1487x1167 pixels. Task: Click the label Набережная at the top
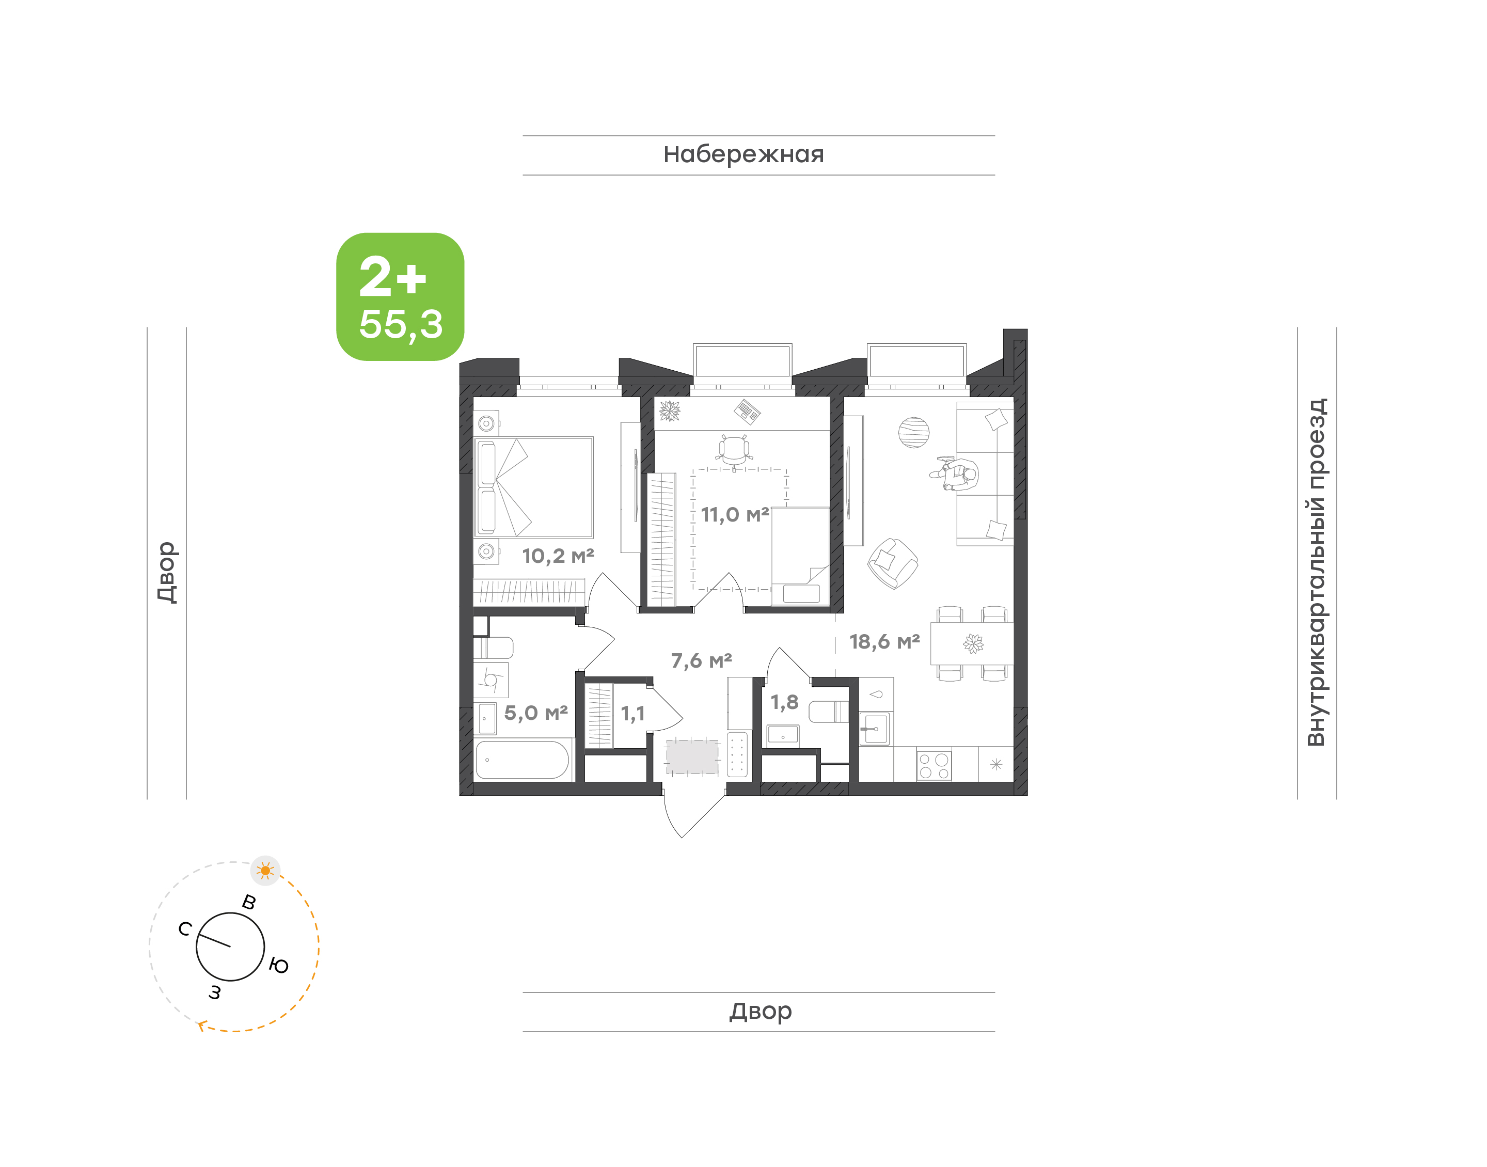[743, 154]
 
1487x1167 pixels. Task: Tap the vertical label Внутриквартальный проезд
[1316, 572]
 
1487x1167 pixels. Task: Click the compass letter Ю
[279, 965]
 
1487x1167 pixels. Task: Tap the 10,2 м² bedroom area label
[558, 556]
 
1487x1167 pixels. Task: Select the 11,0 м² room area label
[735, 514]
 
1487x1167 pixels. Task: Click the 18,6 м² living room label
[884, 641]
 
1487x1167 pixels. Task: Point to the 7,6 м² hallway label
[702, 661]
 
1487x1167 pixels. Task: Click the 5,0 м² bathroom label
[536, 713]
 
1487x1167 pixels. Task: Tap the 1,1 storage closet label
[632, 714]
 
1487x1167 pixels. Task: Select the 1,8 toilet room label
[784, 702]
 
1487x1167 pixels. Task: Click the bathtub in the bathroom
[523, 760]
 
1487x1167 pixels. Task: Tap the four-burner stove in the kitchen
[934, 765]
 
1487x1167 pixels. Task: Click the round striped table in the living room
[914, 433]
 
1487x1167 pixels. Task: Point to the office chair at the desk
[734, 450]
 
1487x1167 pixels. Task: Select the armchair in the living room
[892, 563]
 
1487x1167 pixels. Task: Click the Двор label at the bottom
[760, 1011]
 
